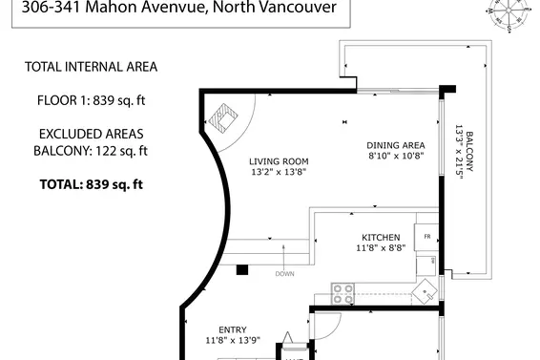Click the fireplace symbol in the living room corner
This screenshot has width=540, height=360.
(223, 118)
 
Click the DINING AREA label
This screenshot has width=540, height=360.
(395, 145)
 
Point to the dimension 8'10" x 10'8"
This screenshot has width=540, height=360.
(395, 156)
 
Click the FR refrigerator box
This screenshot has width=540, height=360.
(426, 237)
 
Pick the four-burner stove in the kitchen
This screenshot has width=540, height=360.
(343, 292)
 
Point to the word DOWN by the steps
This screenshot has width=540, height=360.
(284, 274)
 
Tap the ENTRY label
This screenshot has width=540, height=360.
(233, 328)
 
